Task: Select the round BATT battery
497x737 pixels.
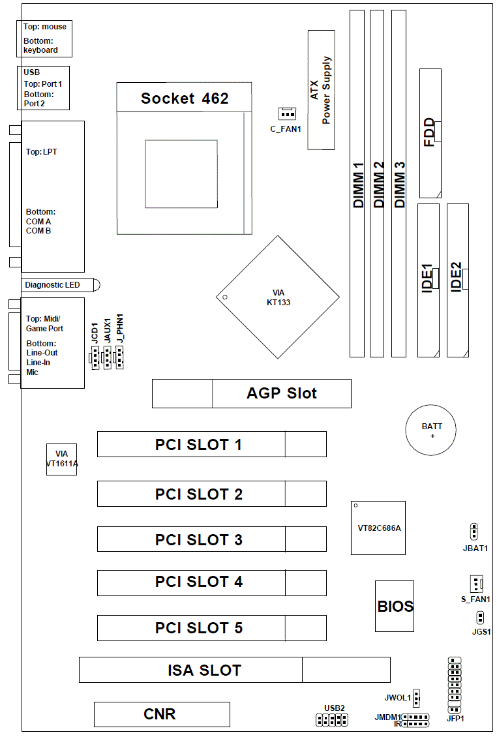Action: tap(432, 430)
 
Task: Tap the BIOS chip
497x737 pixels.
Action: tap(395, 606)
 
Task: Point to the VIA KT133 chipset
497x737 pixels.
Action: tap(278, 297)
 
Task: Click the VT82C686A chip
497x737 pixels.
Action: tap(378, 528)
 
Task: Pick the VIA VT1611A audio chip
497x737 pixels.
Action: tap(61, 459)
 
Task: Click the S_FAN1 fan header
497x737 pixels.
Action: tap(475, 583)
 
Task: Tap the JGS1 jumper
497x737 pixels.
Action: tap(479, 617)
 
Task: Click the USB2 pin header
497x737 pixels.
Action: tap(332, 720)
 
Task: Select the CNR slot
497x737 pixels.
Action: tap(161, 714)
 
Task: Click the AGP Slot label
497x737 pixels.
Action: tap(281, 393)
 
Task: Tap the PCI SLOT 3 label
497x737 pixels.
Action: tap(198, 539)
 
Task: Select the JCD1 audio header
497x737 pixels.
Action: tap(95, 357)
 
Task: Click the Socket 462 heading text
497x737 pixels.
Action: tap(185, 98)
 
